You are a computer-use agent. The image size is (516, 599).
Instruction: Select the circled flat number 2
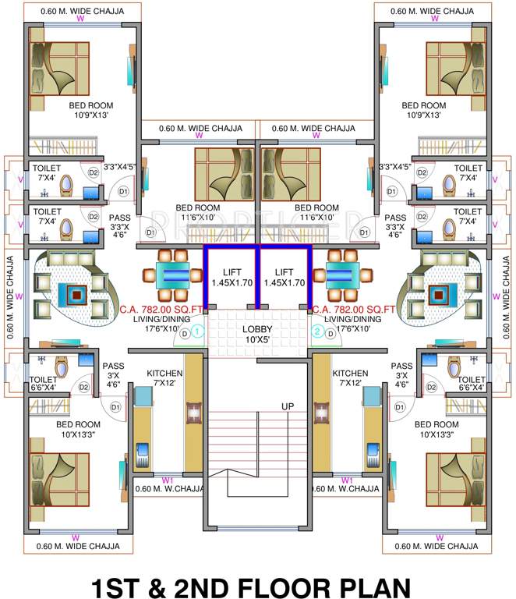pos(317,331)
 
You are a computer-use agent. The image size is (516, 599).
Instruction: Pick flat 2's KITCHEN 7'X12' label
pos(350,379)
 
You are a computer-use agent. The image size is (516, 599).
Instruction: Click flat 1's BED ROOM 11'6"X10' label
pos(196,213)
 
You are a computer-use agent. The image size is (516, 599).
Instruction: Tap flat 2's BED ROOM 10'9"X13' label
pos(423,110)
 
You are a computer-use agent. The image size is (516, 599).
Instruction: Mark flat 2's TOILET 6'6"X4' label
pos(468,381)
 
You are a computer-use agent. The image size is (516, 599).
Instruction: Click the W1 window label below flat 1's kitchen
pos(167,480)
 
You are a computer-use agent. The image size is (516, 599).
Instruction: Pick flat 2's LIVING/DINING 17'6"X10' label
pos(353,324)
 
